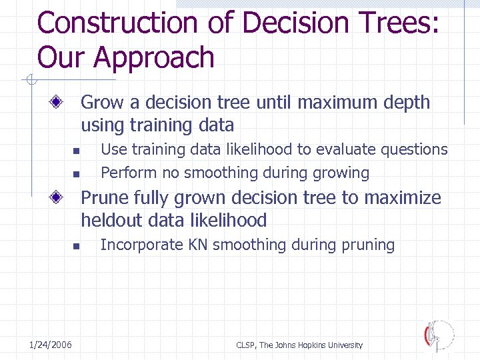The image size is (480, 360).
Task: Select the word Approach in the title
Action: (x=154, y=58)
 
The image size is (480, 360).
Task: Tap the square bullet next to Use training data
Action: (x=77, y=151)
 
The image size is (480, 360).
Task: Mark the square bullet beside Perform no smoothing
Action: (x=77, y=174)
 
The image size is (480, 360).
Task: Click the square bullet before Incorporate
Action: (x=77, y=246)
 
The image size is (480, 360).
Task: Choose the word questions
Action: (x=414, y=150)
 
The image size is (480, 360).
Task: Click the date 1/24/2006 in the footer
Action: (x=51, y=345)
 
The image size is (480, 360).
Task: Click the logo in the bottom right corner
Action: (x=440, y=335)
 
